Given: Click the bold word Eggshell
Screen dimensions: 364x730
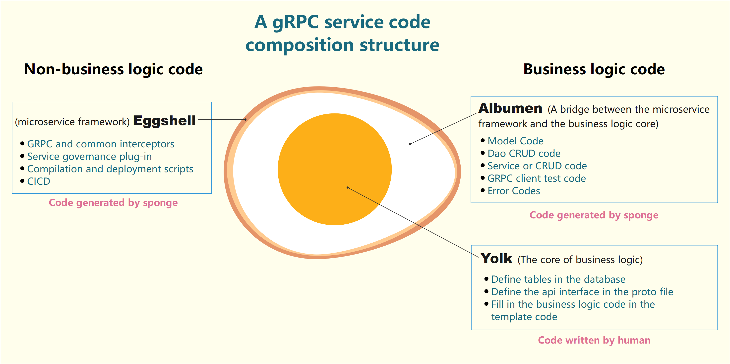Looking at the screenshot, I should [164, 121].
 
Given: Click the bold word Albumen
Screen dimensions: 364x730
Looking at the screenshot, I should [510, 108].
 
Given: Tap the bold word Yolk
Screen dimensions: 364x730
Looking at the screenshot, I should [496, 259].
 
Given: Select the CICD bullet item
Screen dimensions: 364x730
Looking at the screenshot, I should [39, 181].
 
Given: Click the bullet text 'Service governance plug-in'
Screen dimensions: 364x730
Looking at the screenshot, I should [90, 156].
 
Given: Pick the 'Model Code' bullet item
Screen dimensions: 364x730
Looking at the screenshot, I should [515, 141].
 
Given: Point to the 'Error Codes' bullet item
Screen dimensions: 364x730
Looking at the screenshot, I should [514, 191].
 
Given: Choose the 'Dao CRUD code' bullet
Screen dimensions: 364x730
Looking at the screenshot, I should [524, 153].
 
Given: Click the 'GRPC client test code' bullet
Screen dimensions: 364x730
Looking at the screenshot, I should [537, 178].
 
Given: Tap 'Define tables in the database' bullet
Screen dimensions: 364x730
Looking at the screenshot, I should [558, 279].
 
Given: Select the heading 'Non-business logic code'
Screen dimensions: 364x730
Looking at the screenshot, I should [113, 69].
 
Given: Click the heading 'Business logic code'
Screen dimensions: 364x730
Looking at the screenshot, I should [594, 69].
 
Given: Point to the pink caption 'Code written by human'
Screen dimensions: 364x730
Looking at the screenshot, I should [594, 340].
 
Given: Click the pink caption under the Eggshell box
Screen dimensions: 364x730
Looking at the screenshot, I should [113, 203].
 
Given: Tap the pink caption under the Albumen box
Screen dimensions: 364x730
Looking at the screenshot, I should [594, 215].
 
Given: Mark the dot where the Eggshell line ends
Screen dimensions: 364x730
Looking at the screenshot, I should [245, 119].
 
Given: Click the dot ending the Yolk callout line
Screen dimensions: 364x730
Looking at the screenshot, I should [348, 187].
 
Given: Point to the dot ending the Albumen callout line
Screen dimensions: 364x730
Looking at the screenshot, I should [410, 144].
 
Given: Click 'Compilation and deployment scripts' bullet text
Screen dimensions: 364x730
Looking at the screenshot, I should [110, 169].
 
